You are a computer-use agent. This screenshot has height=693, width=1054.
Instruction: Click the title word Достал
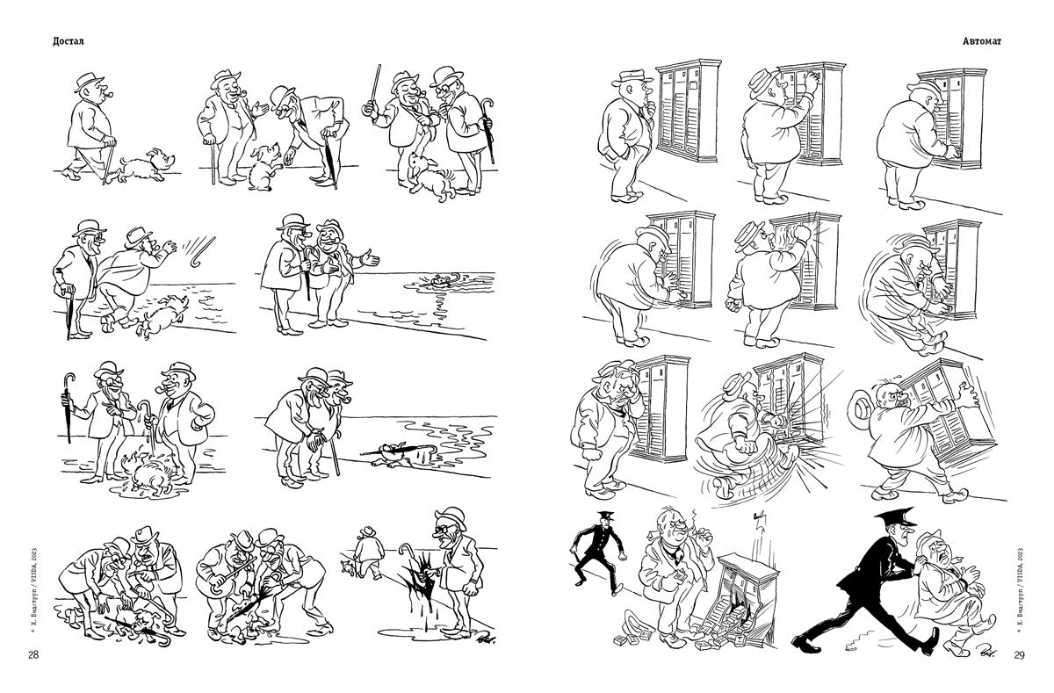click(x=69, y=41)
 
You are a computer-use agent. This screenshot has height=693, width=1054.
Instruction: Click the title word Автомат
click(x=982, y=41)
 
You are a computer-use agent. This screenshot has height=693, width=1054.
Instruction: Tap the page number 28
click(x=33, y=655)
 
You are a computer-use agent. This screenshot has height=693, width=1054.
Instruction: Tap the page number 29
click(x=1019, y=655)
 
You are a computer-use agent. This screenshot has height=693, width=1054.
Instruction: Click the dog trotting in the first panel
click(x=146, y=167)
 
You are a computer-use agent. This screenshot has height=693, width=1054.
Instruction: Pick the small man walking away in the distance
click(x=367, y=552)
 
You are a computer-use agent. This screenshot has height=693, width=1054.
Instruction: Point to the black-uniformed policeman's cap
click(x=895, y=516)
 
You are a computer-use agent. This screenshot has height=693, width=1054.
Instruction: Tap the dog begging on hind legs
click(x=264, y=167)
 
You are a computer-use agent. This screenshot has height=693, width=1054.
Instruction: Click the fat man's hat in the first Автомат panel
click(x=632, y=77)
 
